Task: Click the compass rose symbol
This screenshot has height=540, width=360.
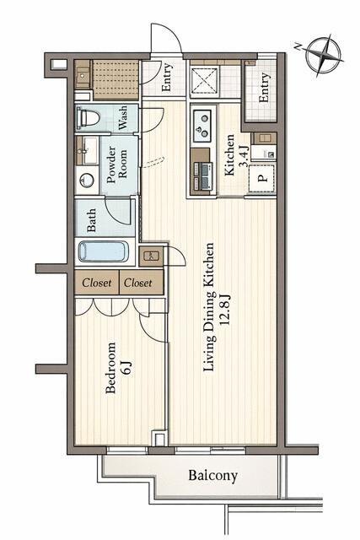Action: click(325, 56)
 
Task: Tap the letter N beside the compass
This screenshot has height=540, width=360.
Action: click(298, 47)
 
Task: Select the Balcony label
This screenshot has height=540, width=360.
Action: click(212, 476)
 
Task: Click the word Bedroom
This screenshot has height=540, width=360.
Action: click(110, 368)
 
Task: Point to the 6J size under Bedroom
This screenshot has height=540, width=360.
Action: click(126, 367)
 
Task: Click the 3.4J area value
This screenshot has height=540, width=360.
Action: click(244, 156)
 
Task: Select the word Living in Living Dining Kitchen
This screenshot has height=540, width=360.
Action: click(209, 354)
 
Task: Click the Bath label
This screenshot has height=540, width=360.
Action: click(91, 220)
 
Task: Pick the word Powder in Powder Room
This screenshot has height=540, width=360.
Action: click(111, 165)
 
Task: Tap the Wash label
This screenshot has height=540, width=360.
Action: click(122, 118)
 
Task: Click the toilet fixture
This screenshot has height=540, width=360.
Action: click(89, 118)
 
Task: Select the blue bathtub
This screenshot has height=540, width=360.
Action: click(103, 251)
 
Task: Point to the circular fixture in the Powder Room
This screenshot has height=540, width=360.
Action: click(86, 180)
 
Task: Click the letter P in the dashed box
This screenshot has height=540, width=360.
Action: click(262, 178)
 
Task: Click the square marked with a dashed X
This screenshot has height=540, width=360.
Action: click(205, 80)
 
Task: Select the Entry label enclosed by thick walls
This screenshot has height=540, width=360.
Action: click(264, 88)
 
